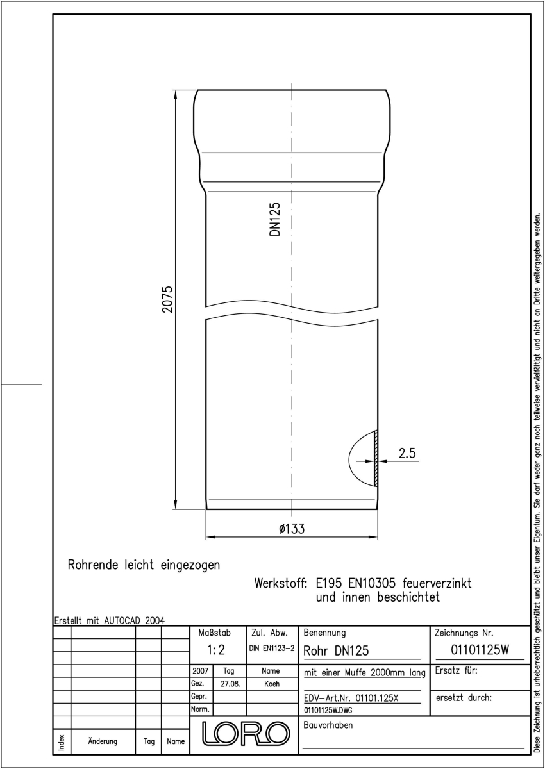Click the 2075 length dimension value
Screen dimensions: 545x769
pos(167,299)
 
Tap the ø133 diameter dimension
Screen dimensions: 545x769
pos(292,528)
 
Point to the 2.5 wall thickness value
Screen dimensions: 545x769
pos(407,453)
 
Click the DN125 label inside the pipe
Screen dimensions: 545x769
pos(275,219)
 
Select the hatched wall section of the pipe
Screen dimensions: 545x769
pos(376,458)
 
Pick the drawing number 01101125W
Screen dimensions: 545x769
pos(480,650)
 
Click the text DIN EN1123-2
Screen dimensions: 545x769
pos(272,648)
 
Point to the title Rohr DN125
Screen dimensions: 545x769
pos(336,650)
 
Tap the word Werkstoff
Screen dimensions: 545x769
pos(281,583)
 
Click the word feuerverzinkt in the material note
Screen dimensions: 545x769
pos(437,583)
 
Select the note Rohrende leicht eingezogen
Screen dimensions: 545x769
pos(144,565)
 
